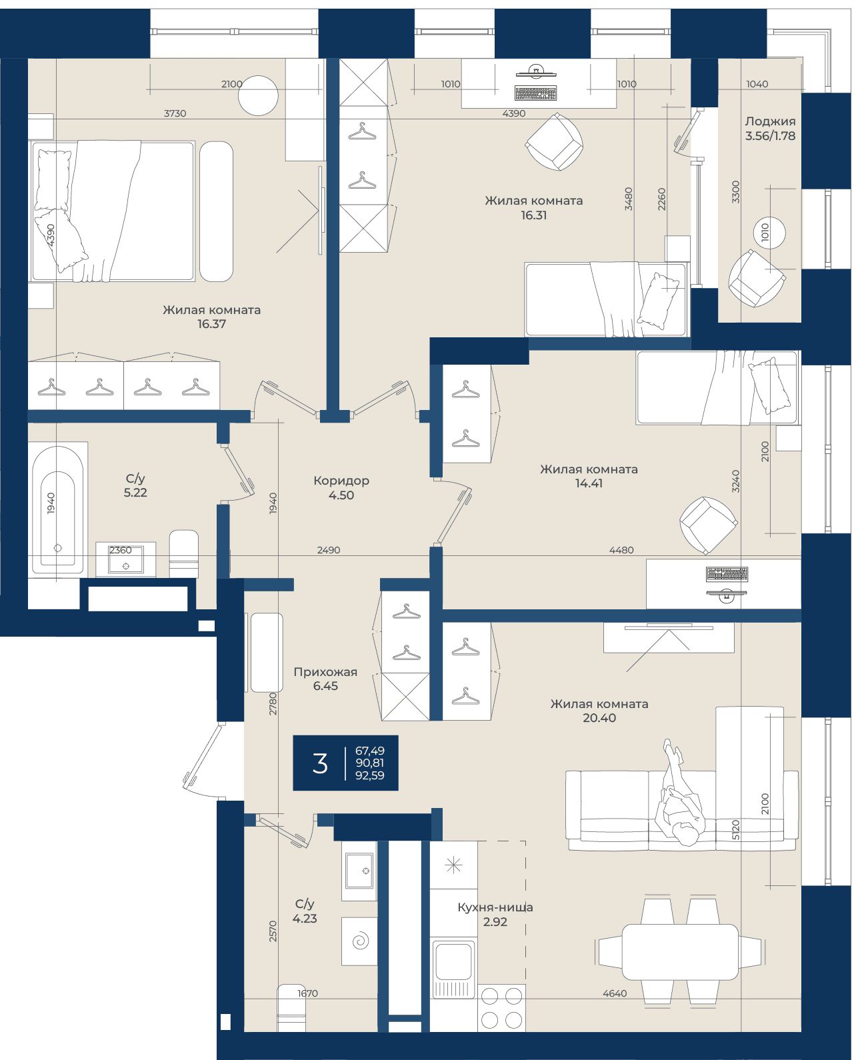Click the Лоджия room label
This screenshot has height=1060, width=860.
[x=770, y=121]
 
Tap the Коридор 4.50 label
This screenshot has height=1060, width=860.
[x=341, y=488]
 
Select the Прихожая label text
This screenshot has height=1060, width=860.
[x=325, y=672]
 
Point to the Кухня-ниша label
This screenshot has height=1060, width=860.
[x=495, y=907]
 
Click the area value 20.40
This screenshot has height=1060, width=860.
[x=599, y=717]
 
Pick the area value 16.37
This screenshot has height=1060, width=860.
[x=211, y=324]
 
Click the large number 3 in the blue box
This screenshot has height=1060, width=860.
[x=319, y=763]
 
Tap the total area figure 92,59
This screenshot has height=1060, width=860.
[x=370, y=775]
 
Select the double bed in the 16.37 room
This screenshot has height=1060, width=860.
[x=113, y=211]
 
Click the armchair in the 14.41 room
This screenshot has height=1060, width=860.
[x=708, y=525]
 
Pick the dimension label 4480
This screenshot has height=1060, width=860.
[x=621, y=550]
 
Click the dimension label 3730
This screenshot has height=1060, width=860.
[x=175, y=113]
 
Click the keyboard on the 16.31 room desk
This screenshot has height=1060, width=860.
[x=535, y=93]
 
